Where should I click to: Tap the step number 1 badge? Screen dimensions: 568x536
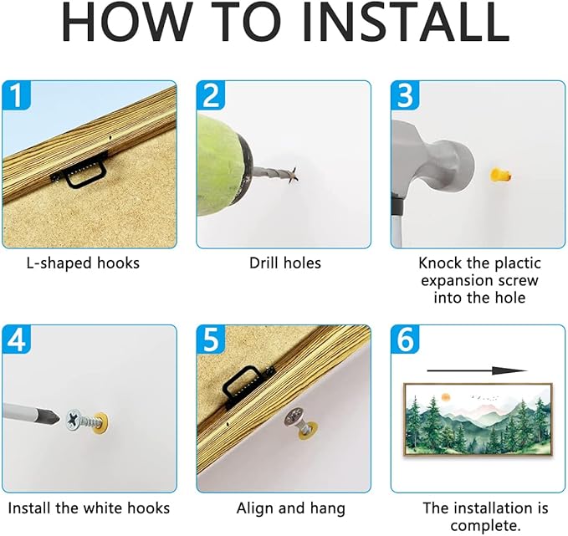17,95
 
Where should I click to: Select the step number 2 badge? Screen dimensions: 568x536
211,95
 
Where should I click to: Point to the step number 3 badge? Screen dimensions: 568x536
405,95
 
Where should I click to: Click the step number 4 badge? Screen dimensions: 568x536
17,339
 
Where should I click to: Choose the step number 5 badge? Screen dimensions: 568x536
211,339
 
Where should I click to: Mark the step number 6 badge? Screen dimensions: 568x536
405,339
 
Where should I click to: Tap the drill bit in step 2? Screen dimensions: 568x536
274,174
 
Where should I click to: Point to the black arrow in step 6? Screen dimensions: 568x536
477,370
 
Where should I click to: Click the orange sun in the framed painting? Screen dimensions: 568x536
445,397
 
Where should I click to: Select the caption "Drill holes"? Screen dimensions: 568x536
285,263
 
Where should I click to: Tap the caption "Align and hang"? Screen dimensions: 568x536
291,509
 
